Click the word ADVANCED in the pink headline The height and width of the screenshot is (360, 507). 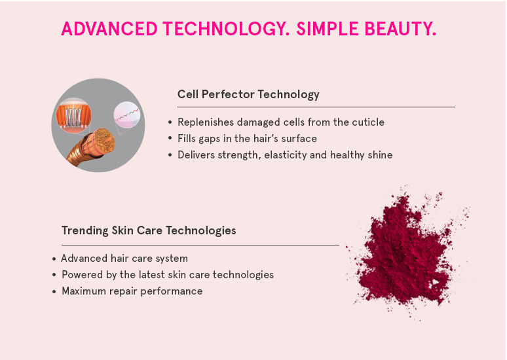tap(109, 28)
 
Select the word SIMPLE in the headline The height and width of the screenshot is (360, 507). tap(328, 28)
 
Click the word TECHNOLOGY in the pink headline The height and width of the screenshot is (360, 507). tap(224, 28)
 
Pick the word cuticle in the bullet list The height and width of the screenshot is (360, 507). tap(368, 122)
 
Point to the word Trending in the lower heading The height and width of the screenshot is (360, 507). tap(85, 231)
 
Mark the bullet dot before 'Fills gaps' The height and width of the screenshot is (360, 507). tap(170, 138)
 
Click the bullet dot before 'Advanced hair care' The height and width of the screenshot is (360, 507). tap(54, 259)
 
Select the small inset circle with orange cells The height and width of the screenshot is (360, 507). tap(74, 116)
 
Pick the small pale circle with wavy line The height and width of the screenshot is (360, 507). tap(127, 115)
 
